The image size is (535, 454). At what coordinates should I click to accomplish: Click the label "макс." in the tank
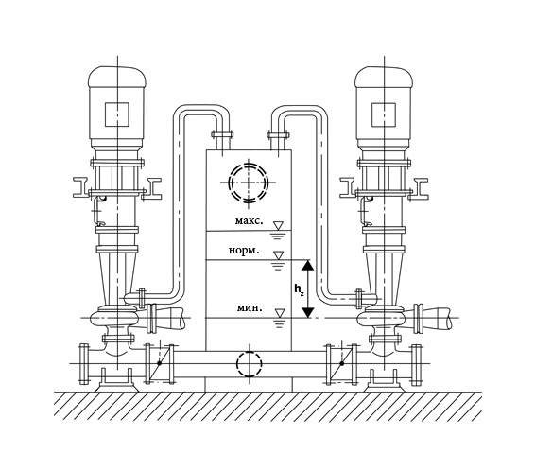point(250,221)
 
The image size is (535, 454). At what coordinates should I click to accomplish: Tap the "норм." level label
point(244,251)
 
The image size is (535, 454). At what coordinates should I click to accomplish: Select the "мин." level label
point(250,308)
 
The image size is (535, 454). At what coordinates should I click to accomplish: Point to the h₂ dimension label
point(299,290)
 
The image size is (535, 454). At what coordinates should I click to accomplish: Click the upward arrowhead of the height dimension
point(308,265)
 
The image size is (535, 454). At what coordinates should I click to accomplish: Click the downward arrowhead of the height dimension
point(308,313)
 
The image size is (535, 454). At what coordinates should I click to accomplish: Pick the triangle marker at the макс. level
point(279,225)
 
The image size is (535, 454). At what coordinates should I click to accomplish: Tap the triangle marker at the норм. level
point(279,255)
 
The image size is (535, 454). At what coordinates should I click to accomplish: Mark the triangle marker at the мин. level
point(280,313)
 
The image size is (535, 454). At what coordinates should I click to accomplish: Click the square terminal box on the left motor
point(117,114)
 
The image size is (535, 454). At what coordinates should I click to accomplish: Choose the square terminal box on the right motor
point(384,114)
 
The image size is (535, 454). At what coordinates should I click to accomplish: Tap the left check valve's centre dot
point(160,363)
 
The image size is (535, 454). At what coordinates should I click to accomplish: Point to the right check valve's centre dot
point(342,363)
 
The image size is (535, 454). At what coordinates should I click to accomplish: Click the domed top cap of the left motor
point(117,76)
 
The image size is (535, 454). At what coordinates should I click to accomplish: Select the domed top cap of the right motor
point(384,76)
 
